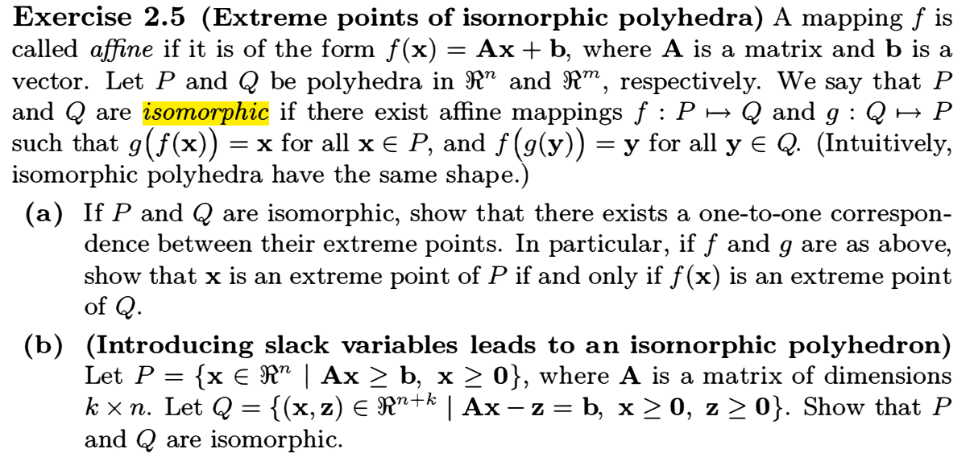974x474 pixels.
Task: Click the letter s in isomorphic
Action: click(155, 114)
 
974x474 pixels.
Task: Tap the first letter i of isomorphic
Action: click(146, 113)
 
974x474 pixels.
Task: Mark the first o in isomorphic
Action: click(167, 114)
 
